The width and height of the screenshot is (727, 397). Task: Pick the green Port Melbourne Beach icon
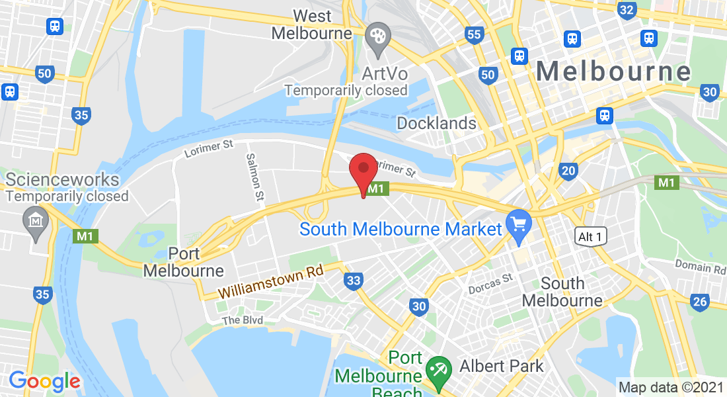437,367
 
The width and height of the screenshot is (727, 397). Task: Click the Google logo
44,380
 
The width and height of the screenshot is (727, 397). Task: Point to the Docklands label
436,123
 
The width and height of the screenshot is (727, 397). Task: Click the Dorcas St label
490,283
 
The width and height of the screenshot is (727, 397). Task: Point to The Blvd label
243,320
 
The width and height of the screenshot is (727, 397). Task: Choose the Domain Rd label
700,267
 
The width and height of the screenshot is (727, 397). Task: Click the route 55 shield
474,35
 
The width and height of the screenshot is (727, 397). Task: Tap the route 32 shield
627,10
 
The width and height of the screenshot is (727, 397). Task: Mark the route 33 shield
354,281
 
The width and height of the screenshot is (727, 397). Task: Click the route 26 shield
700,302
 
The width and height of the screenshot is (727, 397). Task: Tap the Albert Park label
502,366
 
